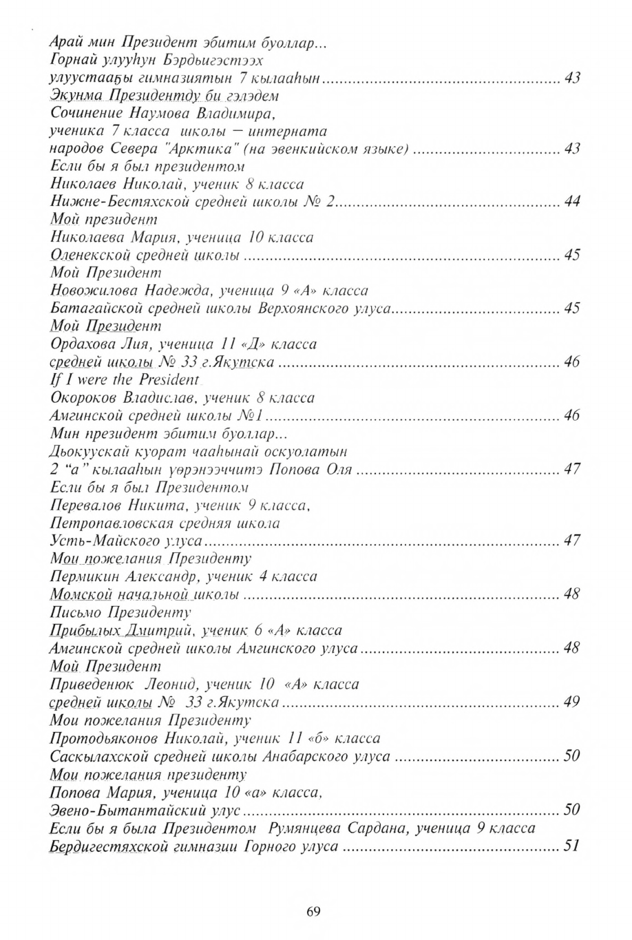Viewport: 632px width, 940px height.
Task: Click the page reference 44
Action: pos(572,201)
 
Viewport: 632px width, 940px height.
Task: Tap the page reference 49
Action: pos(571,702)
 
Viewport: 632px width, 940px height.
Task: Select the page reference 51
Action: pos(571,846)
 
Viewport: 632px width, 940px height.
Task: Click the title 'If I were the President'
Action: pos(125,379)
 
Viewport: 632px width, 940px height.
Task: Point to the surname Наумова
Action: pos(157,112)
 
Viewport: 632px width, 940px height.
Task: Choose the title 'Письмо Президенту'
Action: pos(120,612)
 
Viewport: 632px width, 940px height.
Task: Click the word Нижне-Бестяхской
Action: pos(110,201)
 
